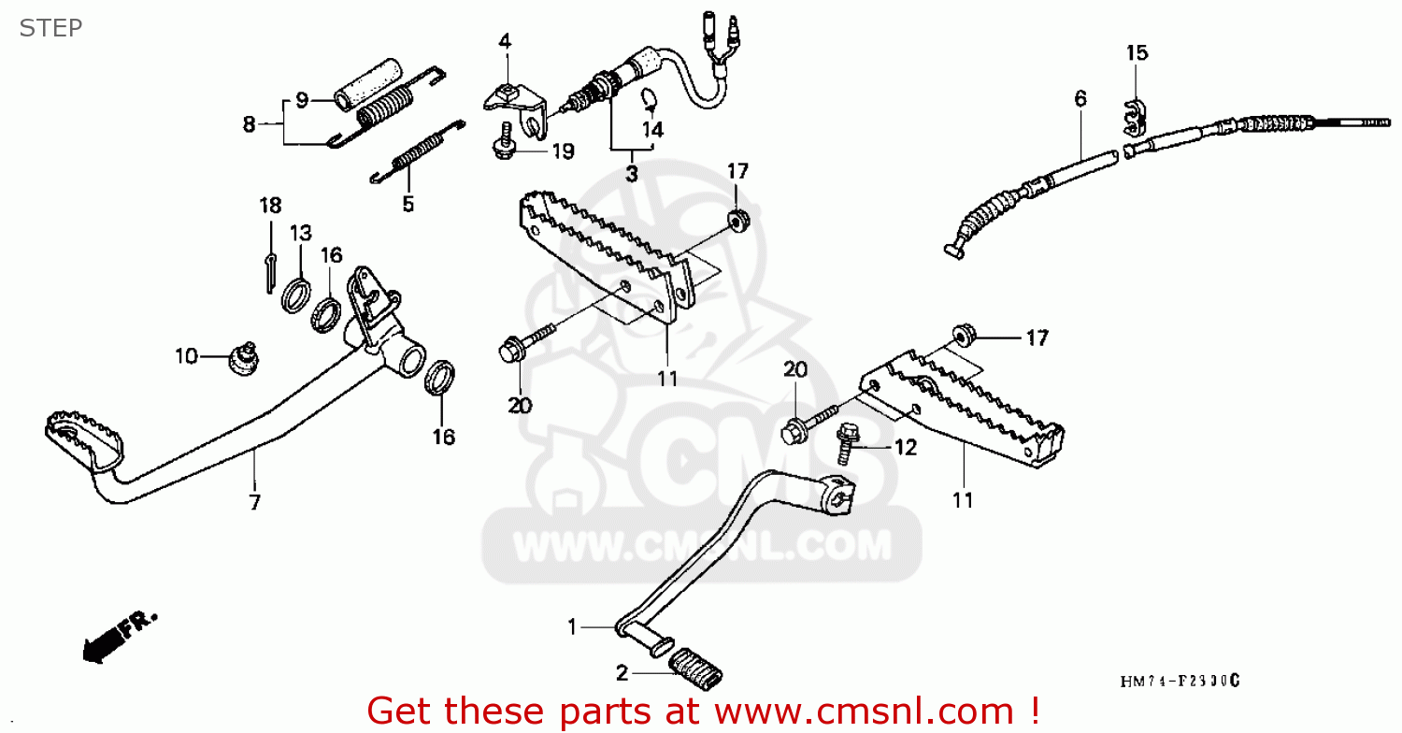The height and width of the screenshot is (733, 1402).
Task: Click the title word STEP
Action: click(x=50, y=28)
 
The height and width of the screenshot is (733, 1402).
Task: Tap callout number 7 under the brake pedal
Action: click(x=254, y=502)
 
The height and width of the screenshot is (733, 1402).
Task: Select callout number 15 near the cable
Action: click(x=1136, y=53)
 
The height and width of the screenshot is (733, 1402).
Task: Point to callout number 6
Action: click(x=1080, y=98)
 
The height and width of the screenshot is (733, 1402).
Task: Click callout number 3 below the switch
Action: click(x=631, y=173)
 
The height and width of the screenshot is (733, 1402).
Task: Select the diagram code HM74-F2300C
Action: click(x=1180, y=681)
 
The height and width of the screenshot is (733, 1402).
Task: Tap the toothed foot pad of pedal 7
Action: click(x=84, y=439)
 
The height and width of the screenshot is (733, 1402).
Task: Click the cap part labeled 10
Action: click(x=245, y=356)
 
